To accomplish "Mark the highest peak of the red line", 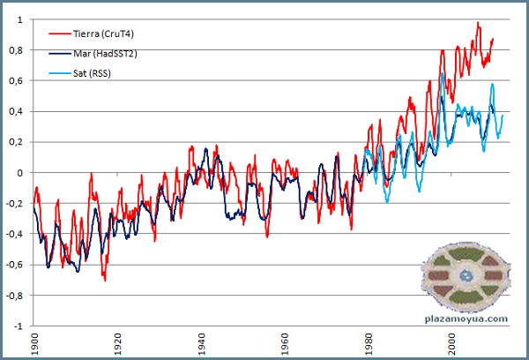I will (x=478, y=23).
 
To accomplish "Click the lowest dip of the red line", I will (x=104, y=280).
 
